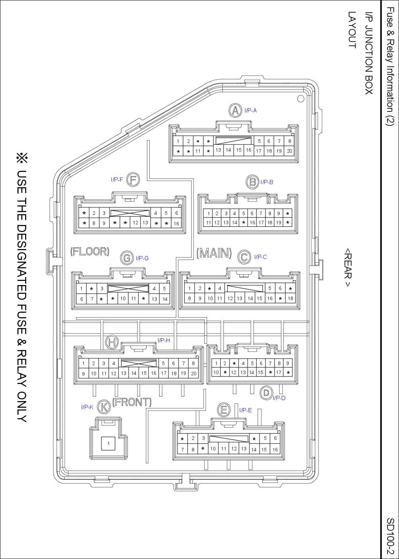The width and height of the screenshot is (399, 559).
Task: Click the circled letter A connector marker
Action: [x=235, y=110]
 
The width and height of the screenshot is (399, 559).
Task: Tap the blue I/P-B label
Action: [x=267, y=182]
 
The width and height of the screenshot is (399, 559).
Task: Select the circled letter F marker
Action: [x=133, y=180]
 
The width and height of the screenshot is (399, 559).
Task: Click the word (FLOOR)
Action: [x=90, y=252]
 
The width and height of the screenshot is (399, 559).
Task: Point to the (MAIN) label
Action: [x=214, y=253]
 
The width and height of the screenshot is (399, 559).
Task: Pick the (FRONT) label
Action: [x=132, y=402]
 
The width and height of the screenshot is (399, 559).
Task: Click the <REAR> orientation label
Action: [x=348, y=267]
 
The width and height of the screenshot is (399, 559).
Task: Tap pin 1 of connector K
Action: [x=108, y=443]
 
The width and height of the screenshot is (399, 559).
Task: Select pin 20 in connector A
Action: [x=289, y=151]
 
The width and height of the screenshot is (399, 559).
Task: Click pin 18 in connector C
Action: [x=291, y=298]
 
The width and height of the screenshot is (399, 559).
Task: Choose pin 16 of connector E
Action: [x=275, y=449]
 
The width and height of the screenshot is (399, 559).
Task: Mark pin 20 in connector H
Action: [x=194, y=373]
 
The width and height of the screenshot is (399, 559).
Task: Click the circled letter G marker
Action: [x=127, y=258]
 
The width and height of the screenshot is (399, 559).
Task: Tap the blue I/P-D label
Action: [x=279, y=398]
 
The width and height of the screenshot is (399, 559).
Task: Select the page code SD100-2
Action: [x=390, y=536]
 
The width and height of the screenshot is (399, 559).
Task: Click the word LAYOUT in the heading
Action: [x=352, y=30]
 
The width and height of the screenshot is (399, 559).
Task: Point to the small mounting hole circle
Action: [x=301, y=98]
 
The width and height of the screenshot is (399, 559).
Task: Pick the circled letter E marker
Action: [x=224, y=410]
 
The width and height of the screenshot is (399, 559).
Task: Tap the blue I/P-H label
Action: [x=164, y=340]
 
